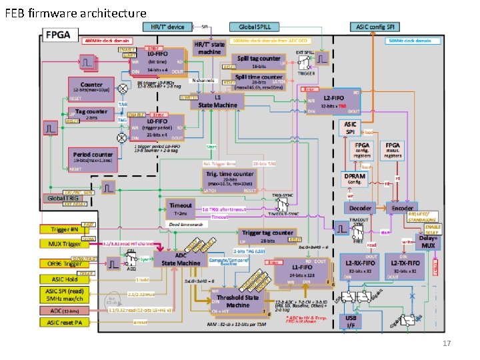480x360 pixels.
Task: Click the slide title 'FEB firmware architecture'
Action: [x=75, y=13]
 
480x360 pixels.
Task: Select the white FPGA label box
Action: [x=61, y=35]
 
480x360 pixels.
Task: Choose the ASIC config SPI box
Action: [x=376, y=27]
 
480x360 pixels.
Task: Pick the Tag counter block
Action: [x=91, y=115]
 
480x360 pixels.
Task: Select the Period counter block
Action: [x=93, y=158]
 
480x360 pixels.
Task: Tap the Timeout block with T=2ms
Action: [x=180, y=209]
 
